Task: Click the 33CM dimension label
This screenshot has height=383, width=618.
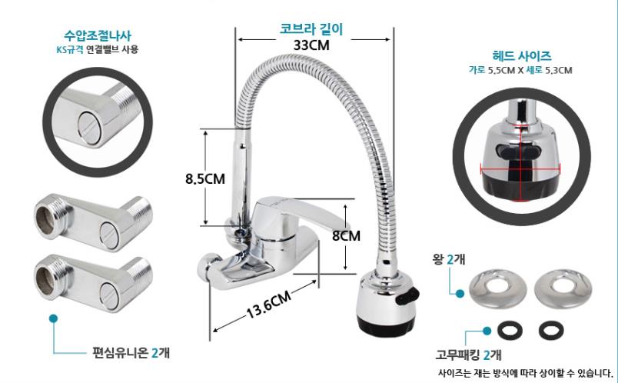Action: point(311,45)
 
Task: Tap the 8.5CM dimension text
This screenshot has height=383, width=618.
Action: point(205,178)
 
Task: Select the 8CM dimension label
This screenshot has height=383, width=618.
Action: point(346,236)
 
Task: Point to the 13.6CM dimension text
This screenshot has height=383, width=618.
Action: point(269,305)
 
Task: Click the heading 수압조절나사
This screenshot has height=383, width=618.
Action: point(98,36)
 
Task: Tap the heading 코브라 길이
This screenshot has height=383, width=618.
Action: point(311,29)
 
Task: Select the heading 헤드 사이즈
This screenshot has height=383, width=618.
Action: point(522,56)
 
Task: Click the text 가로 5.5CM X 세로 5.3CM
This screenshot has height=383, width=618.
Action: point(520,70)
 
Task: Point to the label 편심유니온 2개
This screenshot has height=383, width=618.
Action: point(131,352)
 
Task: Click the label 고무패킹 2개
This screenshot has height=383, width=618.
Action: point(469,355)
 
